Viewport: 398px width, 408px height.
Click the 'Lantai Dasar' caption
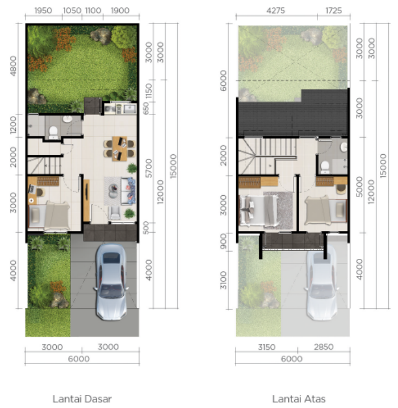click(x=82, y=399)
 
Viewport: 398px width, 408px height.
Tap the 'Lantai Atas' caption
click(x=299, y=399)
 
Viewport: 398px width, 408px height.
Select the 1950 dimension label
click(x=43, y=10)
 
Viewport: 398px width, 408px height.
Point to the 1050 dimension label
click(x=71, y=10)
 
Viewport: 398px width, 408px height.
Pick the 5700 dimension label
click(x=149, y=168)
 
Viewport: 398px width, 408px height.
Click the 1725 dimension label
click(x=333, y=10)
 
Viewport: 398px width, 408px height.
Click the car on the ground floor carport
click(x=111, y=281)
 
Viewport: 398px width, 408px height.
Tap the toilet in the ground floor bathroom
click(x=53, y=131)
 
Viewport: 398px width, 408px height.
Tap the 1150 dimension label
click(x=149, y=89)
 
